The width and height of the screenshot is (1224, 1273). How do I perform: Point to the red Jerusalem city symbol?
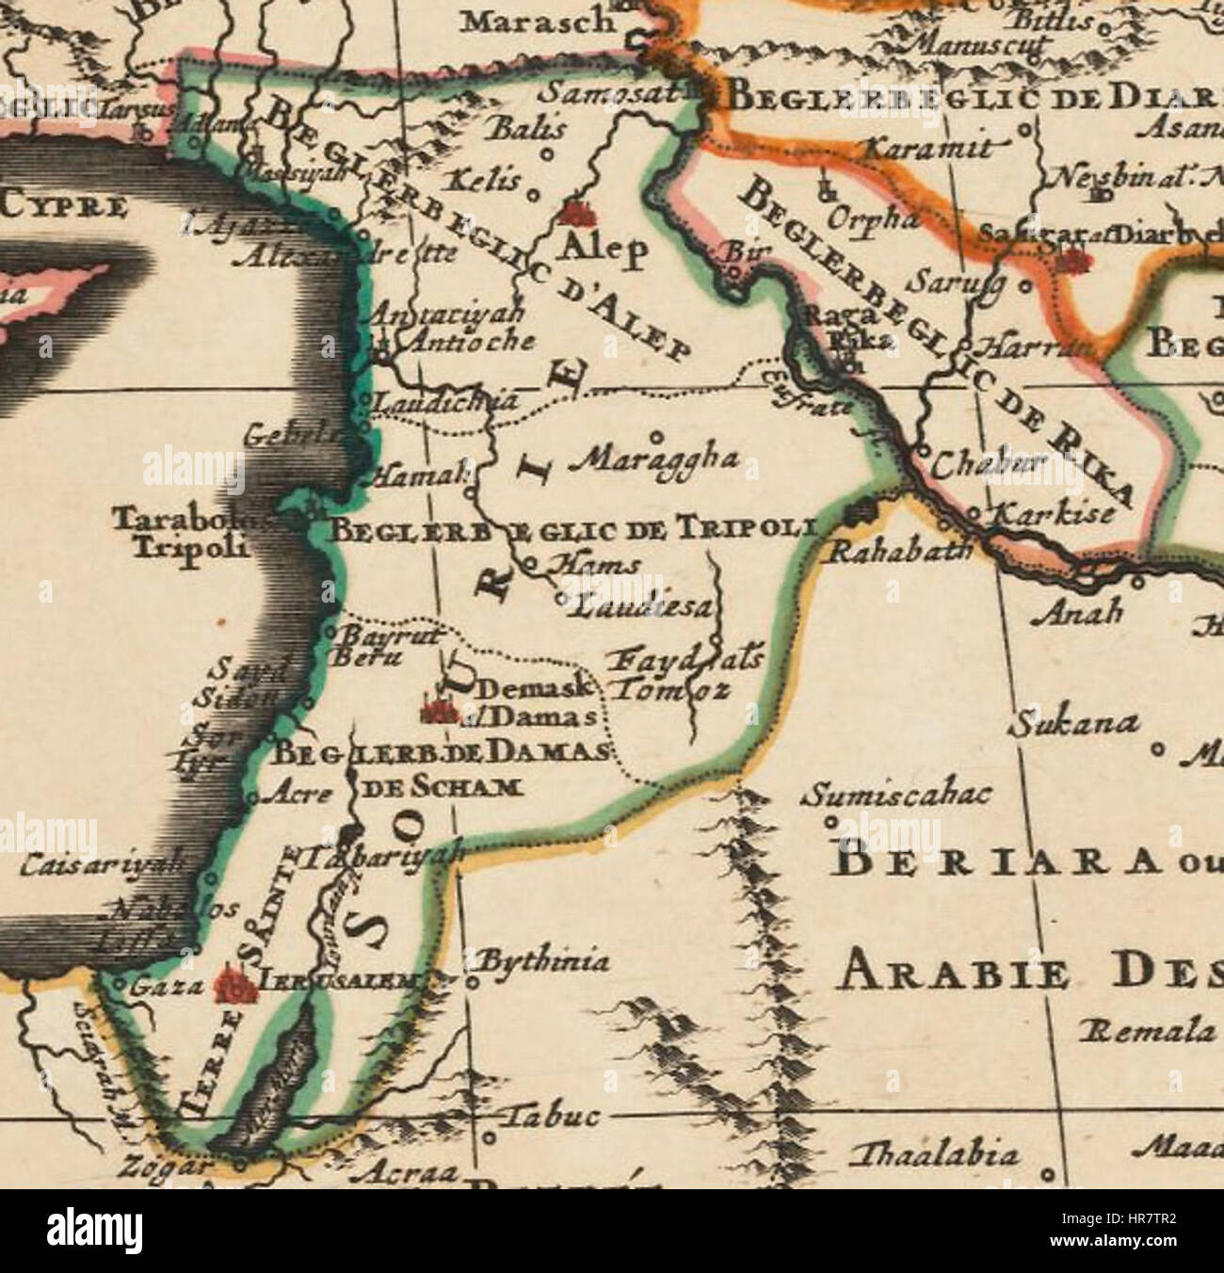coord(235,985)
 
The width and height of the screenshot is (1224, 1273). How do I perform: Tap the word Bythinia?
coord(543,962)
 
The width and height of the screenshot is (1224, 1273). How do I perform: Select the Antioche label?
coord(465,341)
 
